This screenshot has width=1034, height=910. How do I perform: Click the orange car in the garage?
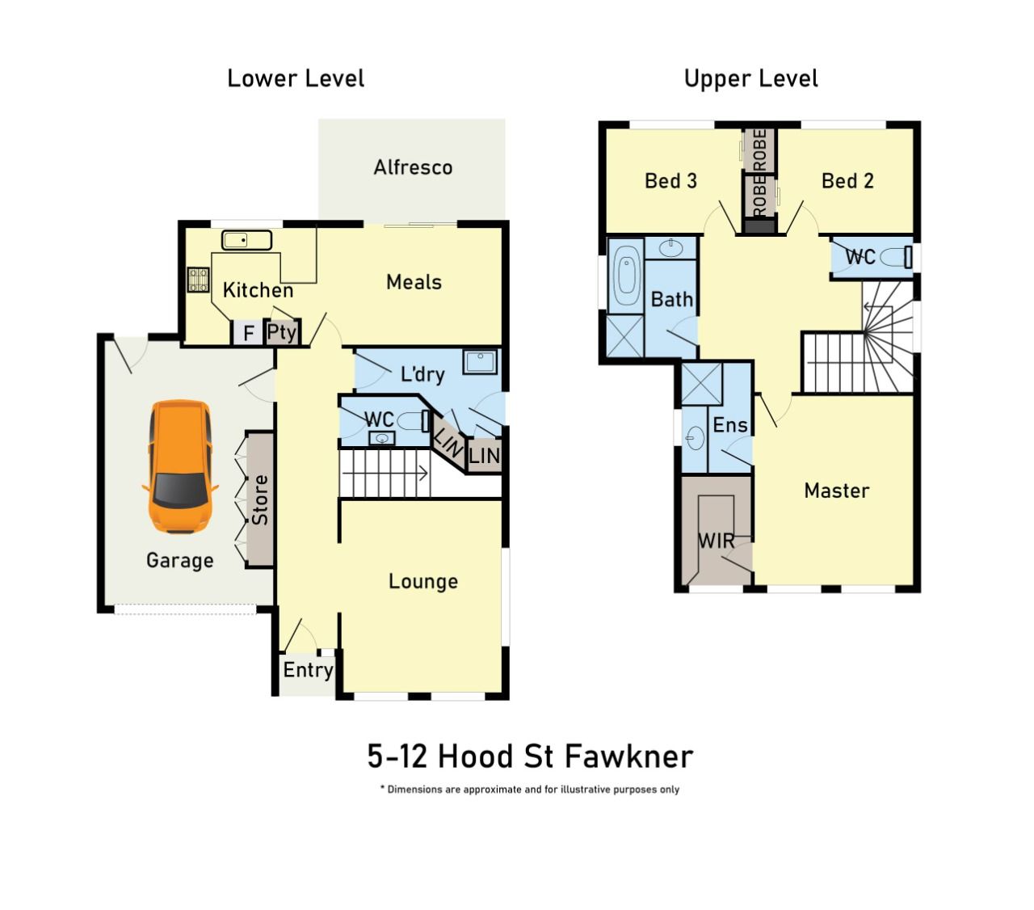179,466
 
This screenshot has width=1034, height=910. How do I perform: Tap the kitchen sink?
246,240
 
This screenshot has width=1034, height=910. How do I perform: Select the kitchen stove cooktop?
198,280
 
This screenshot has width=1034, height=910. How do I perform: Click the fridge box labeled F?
248,333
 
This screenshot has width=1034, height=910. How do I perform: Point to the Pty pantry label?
281,332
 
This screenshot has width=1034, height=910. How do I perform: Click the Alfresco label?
413,167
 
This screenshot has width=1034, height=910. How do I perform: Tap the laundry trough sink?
480,361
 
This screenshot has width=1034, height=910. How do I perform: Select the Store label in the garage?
260,499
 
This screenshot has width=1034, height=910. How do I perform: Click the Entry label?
309,670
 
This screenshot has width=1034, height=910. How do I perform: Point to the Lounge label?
423,581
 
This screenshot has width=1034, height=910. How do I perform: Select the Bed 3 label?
670,181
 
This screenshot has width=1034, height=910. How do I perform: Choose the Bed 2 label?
847,181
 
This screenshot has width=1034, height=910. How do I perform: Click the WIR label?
716,541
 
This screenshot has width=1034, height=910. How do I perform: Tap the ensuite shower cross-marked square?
702,384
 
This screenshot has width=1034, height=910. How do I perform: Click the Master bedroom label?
836,491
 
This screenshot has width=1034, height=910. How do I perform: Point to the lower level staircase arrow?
385,474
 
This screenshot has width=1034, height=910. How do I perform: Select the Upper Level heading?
750,78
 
